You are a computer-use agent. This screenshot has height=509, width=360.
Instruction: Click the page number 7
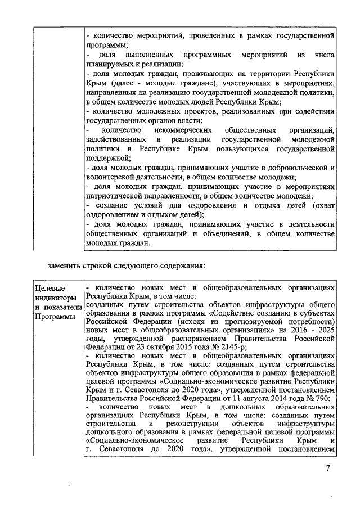tap(328, 469)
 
